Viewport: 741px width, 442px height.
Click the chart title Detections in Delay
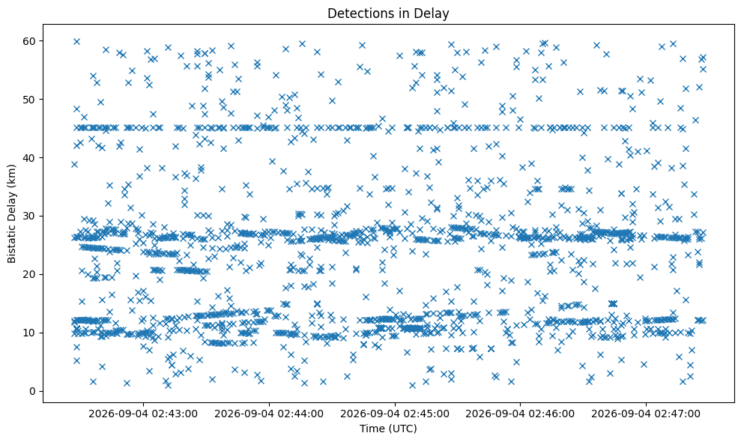pyautogui.click(x=388, y=13)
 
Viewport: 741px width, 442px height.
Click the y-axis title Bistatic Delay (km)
pyautogui.click(x=11, y=214)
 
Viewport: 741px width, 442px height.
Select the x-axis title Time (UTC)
pyautogui.click(x=388, y=429)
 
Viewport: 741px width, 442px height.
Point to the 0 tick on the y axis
pyautogui.click(x=33, y=391)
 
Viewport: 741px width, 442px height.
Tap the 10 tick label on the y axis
pyautogui.click(x=30, y=333)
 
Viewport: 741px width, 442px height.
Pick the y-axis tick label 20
pyautogui.click(x=30, y=275)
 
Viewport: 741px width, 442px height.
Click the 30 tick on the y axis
pyautogui.click(x=30, y=216)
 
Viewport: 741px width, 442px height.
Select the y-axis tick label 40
pyautogui.click(x=30, y=158)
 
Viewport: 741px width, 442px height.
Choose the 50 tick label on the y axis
pyautogui.click(x=30, y=100)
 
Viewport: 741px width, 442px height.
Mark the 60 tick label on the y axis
pyautogui.click(x=30, y=41)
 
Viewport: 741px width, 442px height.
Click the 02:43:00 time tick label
pyautogui.click(x=143, y=414)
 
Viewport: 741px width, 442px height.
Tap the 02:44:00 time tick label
pyautogui.click(x=269, y=414)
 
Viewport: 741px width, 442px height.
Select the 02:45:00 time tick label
pyautogui.click(x=395, y=414)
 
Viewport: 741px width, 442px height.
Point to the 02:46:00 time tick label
pyautogui.click(x=520, y=414)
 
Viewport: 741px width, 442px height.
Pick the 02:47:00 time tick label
pyautogui.click(x=646, y=414)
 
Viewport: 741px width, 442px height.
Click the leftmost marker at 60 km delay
pyautogui.click(x=76, y=42)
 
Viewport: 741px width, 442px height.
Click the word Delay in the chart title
pyautogui.click(x=431, y=13)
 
